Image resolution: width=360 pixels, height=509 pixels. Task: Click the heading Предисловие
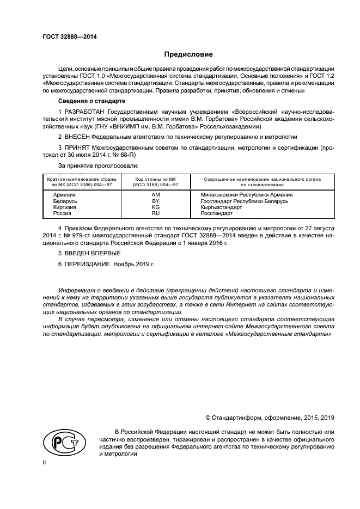coord(188,54)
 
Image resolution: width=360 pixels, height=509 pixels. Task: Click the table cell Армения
coord(64,194)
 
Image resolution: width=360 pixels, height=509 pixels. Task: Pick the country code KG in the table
coord(155,207)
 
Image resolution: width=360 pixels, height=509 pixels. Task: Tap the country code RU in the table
coord(155,214)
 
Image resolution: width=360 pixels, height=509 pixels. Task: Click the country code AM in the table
coord(155,194)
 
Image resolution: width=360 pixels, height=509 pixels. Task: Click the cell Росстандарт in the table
coord(218,214)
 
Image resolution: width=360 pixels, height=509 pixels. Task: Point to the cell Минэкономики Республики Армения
coord(247,194)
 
